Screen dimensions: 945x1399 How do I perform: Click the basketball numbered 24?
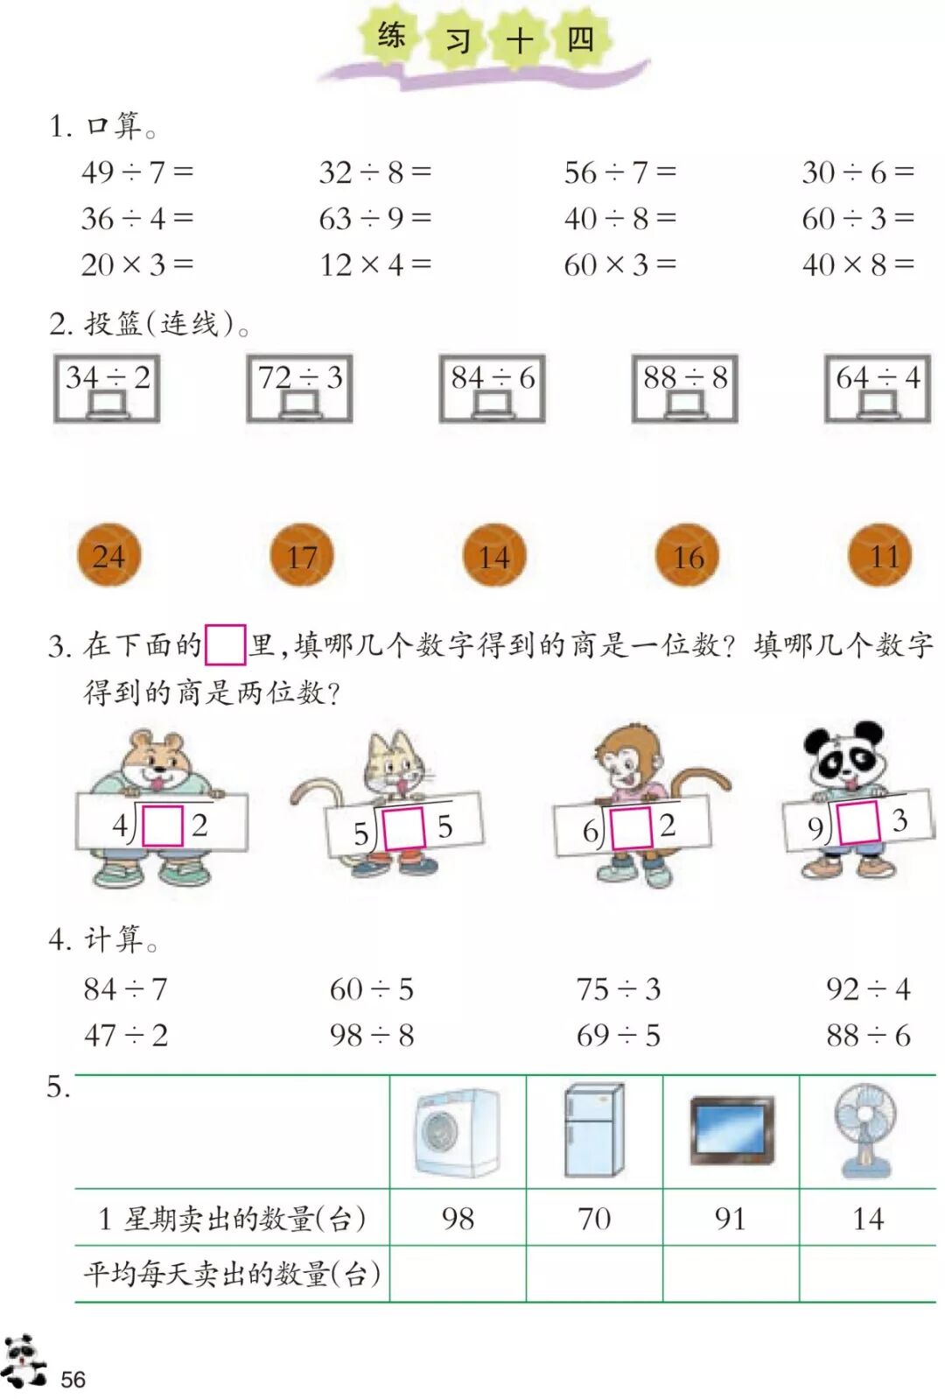(x=108, y=555)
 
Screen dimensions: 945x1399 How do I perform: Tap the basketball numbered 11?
(x=880, y=555)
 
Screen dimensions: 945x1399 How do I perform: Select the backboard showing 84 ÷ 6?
(x=493, y=388)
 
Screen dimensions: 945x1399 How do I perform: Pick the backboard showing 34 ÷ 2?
(x=107, y=388)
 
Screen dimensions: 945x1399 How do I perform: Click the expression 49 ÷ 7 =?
(x=136, y=172)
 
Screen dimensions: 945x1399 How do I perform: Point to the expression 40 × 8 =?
(x=857, y=264)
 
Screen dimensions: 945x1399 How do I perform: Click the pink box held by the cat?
(x=403, y=828)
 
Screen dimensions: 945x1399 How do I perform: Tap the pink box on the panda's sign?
(x=858, y=823)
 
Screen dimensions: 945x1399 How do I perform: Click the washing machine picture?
(x=458, y=1132)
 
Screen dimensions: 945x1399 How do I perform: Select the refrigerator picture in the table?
(x=594, y=1130)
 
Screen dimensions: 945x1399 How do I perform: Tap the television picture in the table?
(x=731, y=1130)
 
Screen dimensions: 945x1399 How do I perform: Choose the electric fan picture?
(x=865, y=1130)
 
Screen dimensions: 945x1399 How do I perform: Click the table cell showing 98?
(x=458, y=1218)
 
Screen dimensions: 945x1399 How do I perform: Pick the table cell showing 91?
(x=731, y=1218)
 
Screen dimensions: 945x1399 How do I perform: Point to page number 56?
(x=73, y=1380)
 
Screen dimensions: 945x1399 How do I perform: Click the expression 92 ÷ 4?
(x=868, y=989)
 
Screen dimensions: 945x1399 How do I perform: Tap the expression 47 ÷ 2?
(x=125, y=1036)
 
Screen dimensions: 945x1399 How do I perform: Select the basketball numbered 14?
(x=494, y=555)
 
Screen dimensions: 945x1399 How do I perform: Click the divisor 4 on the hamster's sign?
(x=120, y=825)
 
